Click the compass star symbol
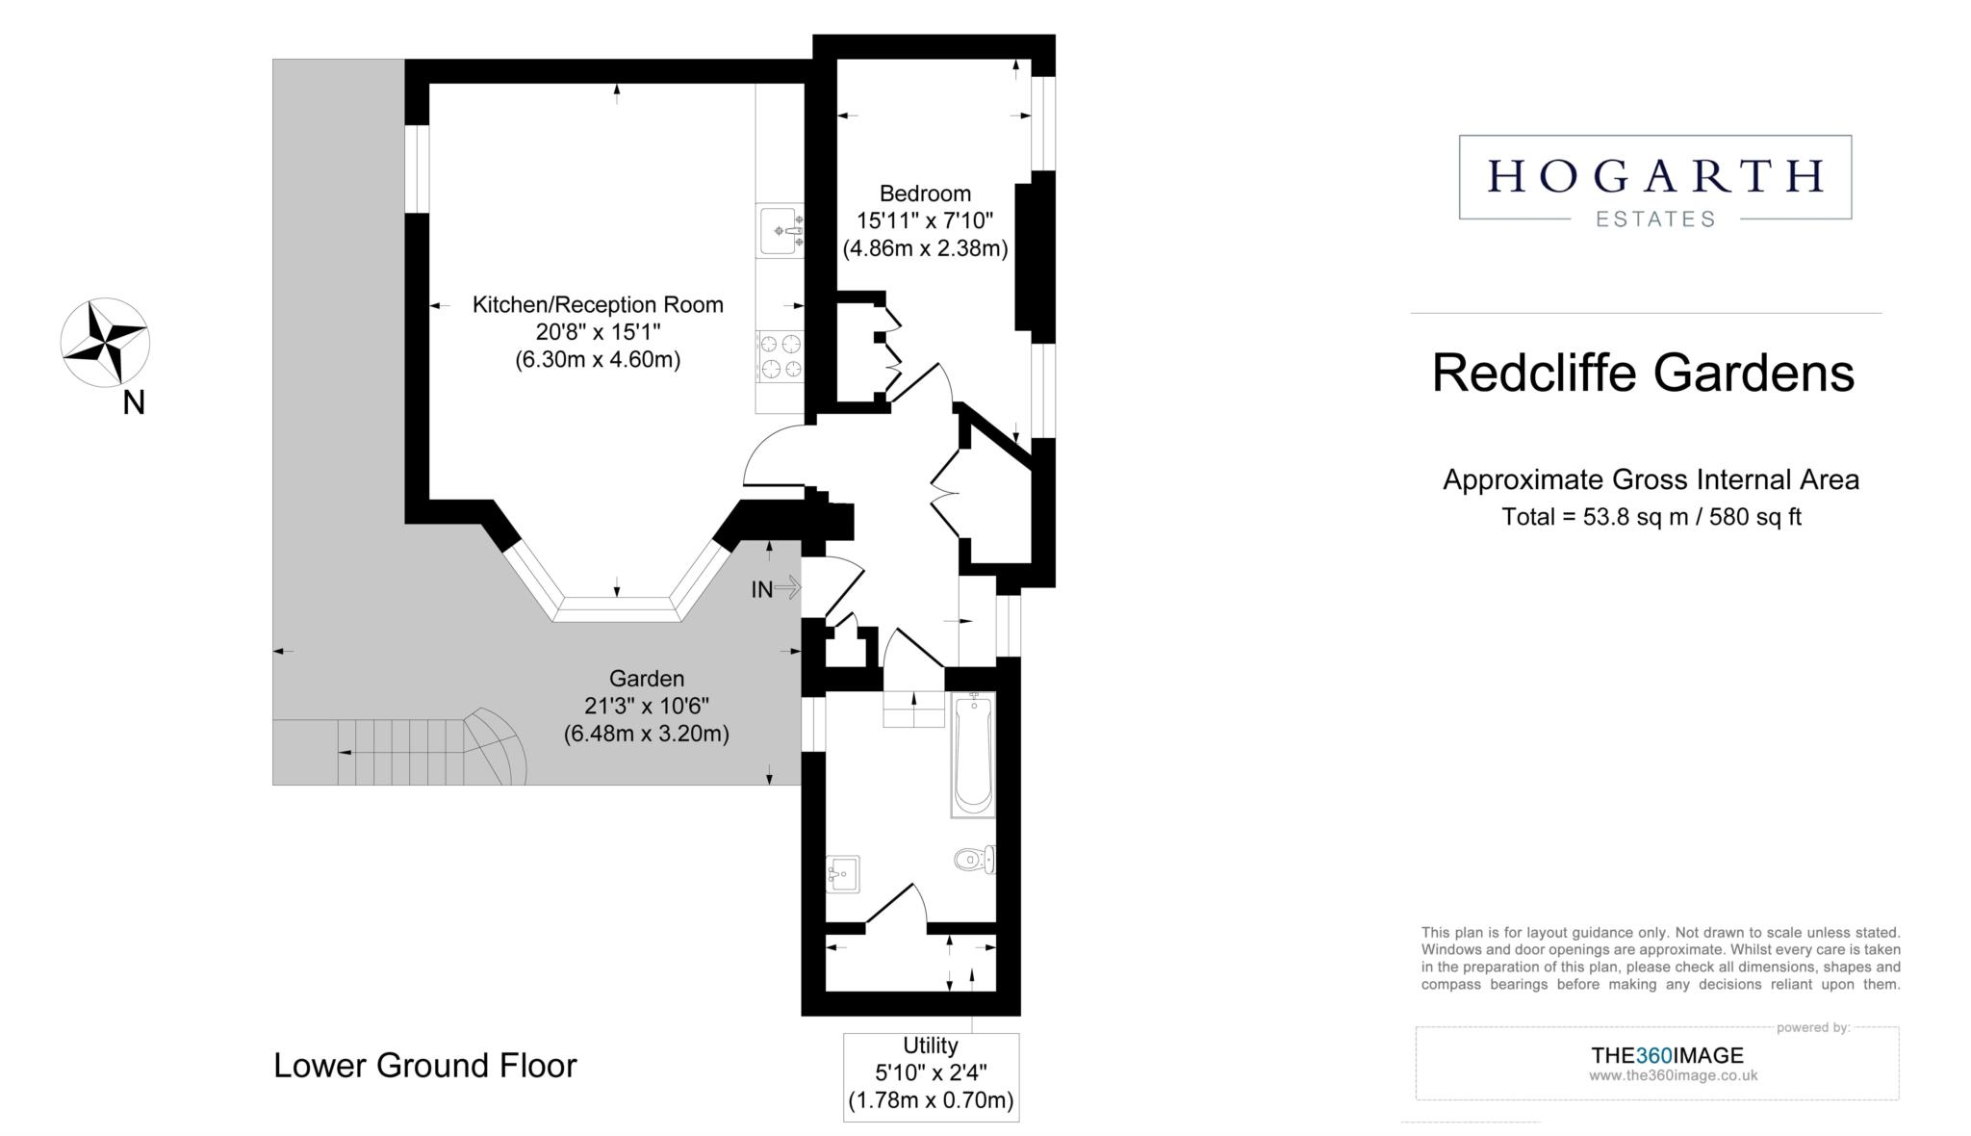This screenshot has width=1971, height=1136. [x=105, y=343]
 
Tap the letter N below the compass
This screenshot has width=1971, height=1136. [x=134, y=403]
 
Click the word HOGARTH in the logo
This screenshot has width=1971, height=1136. [x=1655, y=175]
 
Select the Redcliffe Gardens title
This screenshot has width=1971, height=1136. [x=1643, y=374]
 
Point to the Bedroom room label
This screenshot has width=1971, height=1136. [x=925, y=194]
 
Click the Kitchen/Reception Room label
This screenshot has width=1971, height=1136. [x=598, y=305]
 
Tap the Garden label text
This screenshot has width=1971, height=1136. [x=646, y=679]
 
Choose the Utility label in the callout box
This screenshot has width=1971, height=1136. [x=931, y=1046]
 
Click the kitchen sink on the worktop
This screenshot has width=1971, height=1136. [x=781, y=230]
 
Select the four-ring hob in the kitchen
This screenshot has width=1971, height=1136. [x=781, y=356]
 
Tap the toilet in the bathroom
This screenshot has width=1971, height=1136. [x=974, y=859]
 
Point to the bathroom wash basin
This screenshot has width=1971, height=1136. [x=842, y=874]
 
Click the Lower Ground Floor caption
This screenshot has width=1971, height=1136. [x=425, y=1066]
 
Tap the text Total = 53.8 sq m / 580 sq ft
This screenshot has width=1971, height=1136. [x=1651, y=517]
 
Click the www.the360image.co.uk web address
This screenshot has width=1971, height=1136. [x=1674, y=1075]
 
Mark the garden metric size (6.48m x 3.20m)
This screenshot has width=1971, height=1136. [x=646, y=734]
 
